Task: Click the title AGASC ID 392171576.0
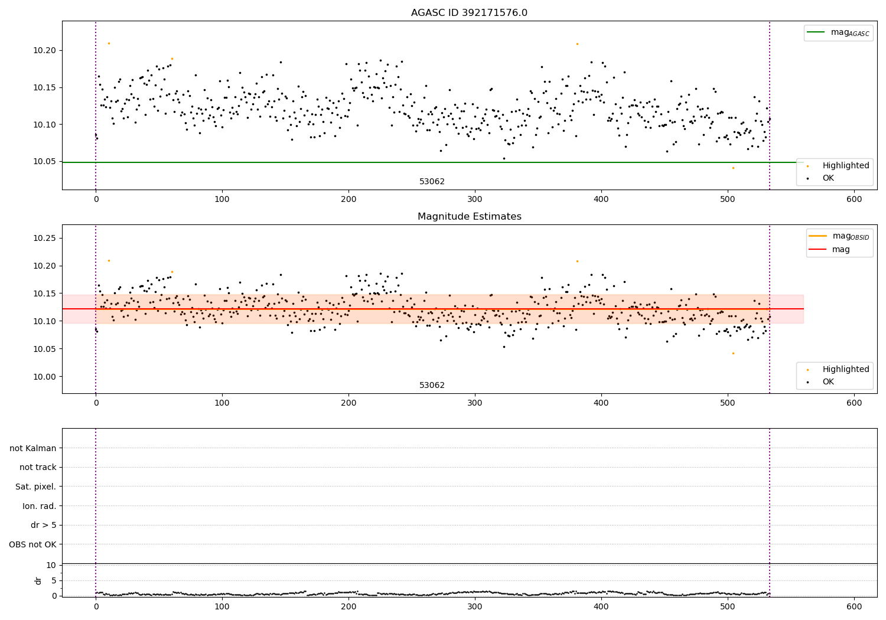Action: pos(469,13)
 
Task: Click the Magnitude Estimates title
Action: pos(469,217)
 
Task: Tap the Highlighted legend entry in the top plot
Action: pos(845,166)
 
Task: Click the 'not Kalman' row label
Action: pos(33,448)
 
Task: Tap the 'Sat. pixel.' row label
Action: pos(35,487)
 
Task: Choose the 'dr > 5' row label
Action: pos(43,525)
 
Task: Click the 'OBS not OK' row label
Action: pos(32,544)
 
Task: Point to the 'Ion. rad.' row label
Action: pos(39,506)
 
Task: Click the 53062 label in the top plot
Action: pos(432,182)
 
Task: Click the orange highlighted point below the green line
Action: pos(733,168)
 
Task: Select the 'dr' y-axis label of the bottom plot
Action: pos(38,580)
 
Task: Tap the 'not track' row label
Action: pos(38,468)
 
